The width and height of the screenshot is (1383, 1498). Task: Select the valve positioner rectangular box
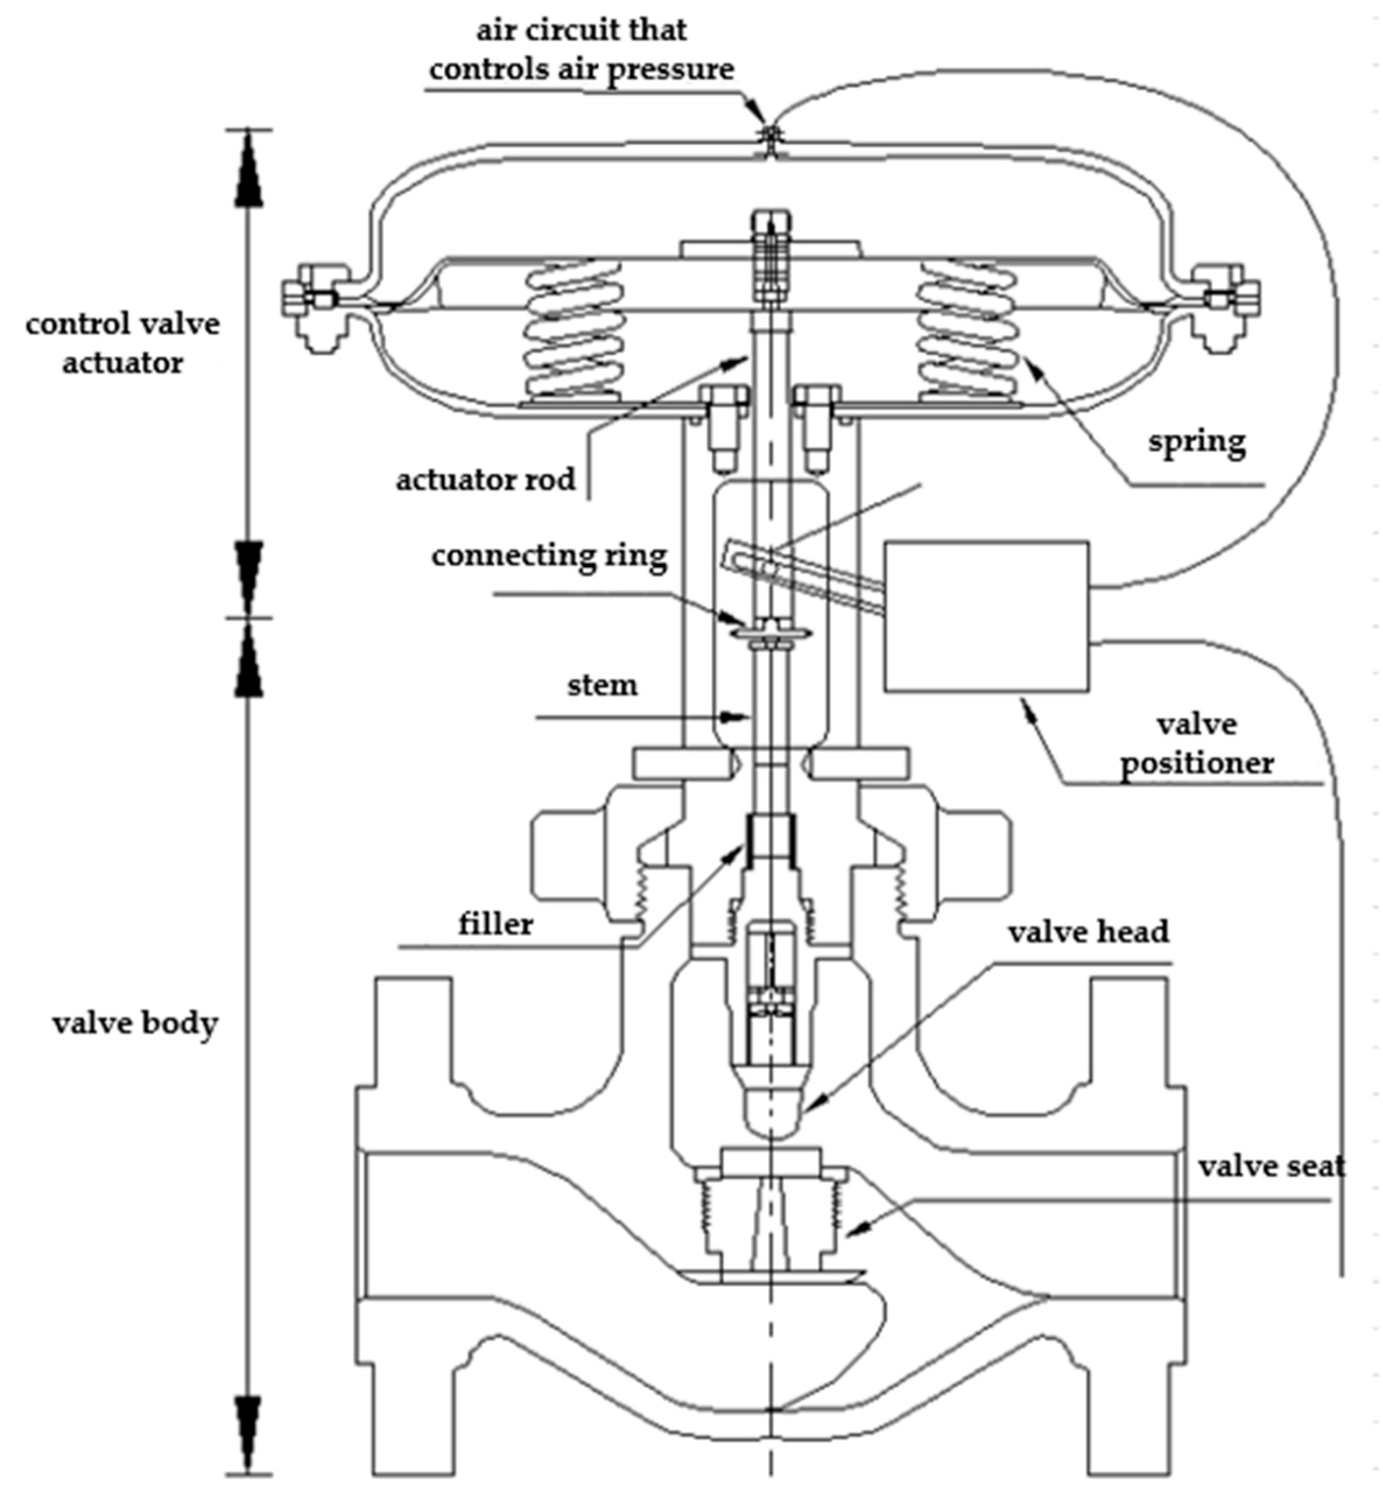pyautogui.click(x=986, y=616)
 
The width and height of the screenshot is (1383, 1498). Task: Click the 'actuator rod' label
pyautogui.click(x=485, y=480)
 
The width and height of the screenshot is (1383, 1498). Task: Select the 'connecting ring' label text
pyautogui.click(x=548, y=556)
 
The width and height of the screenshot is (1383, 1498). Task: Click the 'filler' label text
pyautogui.click(x=495, y=924)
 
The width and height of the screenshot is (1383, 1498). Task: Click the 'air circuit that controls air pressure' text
pyautogui.click(x=582, y=50)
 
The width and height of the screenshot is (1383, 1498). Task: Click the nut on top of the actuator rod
pyautogui.click(x=771, y=224)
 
